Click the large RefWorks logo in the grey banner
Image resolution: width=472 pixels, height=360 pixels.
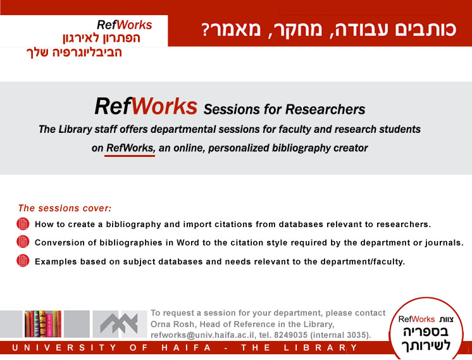point(146,106)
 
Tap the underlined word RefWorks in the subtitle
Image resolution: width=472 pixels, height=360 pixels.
point(130,148)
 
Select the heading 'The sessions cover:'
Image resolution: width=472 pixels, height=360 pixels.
point(65,208)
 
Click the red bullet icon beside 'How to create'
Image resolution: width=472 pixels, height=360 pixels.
point(23,224)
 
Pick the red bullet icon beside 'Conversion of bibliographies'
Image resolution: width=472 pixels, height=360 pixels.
point(23,242)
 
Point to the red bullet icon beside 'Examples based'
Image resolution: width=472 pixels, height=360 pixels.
point(23,261)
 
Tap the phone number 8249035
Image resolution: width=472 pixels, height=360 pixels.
point(290,335)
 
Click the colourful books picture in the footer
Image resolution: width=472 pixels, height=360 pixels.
point(43,324)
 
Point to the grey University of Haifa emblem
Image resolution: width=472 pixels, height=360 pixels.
point(119,323)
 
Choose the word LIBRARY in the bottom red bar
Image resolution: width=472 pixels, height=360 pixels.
point(321,347)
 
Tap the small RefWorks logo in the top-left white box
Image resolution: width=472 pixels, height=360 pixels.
point(124,25)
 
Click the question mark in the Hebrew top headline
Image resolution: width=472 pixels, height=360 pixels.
point(205,30)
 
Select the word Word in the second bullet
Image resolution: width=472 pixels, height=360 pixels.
point(188,242)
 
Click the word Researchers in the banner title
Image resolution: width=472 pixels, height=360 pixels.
point(325,109)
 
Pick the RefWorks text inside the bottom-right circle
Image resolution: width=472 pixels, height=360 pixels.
point(416,319)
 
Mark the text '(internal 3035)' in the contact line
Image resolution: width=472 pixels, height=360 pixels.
point(340,335)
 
